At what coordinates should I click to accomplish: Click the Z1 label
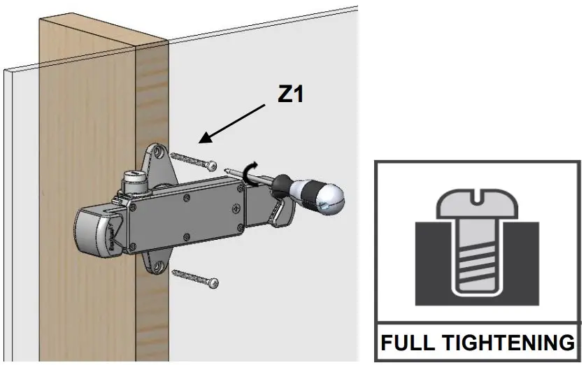(x=291, y=94)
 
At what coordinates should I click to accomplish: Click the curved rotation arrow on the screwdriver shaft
(x=250, y=171)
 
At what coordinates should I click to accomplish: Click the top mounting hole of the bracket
(x=157, y=151)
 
